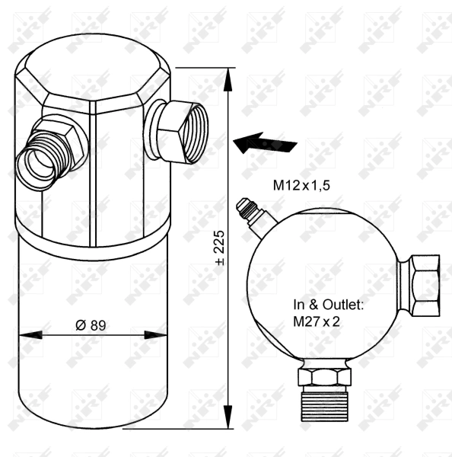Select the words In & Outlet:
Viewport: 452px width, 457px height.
pos(329,304)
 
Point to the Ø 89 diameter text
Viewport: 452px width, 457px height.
pos(90,324)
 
